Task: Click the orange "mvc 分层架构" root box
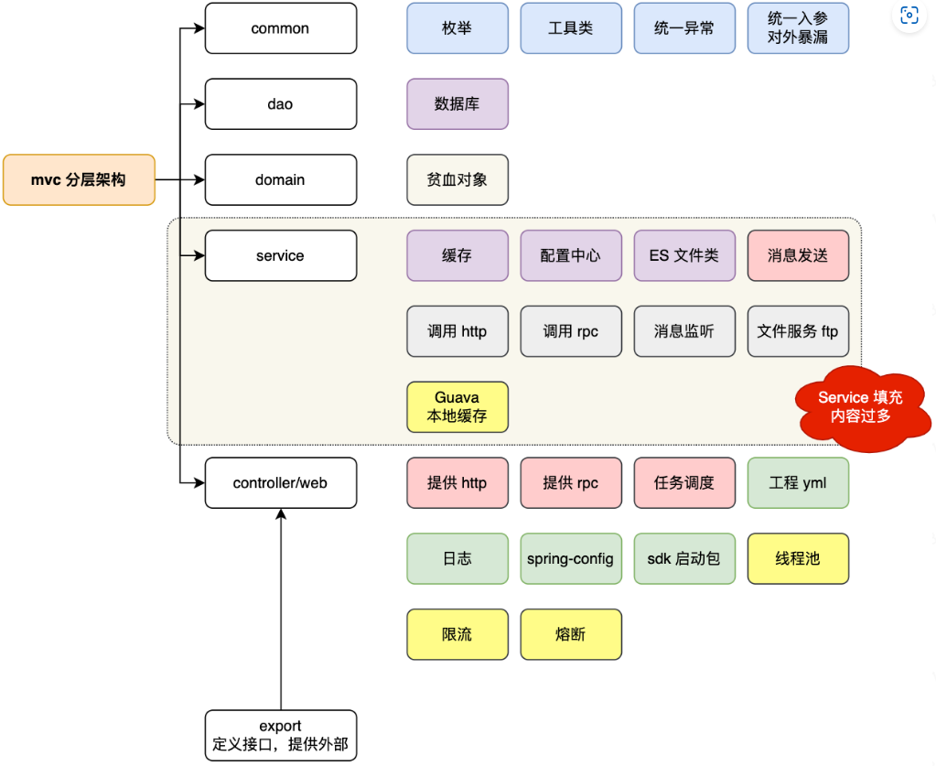(x=79, y=179)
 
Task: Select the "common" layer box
(x=280, y=28)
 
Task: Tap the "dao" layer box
(x=280, y=103)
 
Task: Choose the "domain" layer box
(x=280, y=179)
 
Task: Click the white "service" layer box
(x=280, y=255)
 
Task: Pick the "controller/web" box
(x=280, y=482)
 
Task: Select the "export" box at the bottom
(x=280, y=735)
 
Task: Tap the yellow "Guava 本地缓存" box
(x=457, y=406)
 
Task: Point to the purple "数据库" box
(x=457, y=103)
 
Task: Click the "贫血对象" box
(x=457, y=179)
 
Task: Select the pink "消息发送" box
(x=798, y=255)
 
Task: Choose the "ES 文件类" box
(x=683, y=255)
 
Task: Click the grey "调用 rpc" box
(x=571, y=330)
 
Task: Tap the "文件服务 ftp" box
(x=798, y=330)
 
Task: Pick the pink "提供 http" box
(x=457, y=482)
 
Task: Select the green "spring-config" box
(x=571, y=558)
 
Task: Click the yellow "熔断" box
(x=571, y=634)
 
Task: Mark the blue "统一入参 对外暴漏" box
(x=798, y=28)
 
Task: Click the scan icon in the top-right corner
(x=909, y=16)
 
